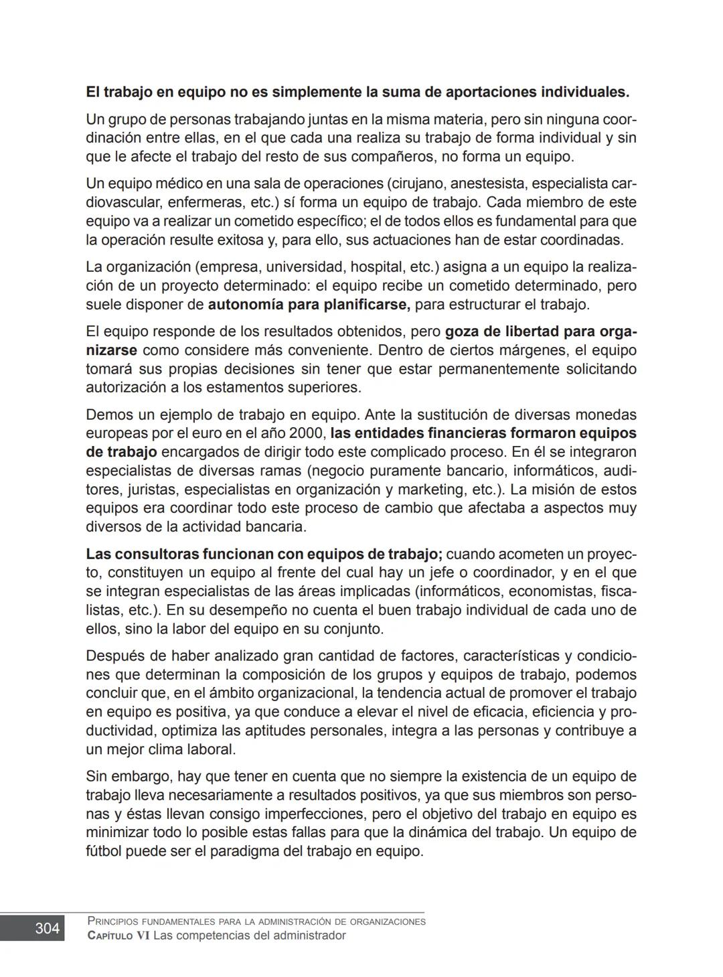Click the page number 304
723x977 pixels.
click(x=47, y=928)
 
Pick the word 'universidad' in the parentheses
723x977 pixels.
click(x=305, y=267)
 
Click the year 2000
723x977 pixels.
click(x=308, y=433)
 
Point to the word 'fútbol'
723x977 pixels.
click(x=104, y=852)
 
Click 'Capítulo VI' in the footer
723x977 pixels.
click(x=118, y=935)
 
